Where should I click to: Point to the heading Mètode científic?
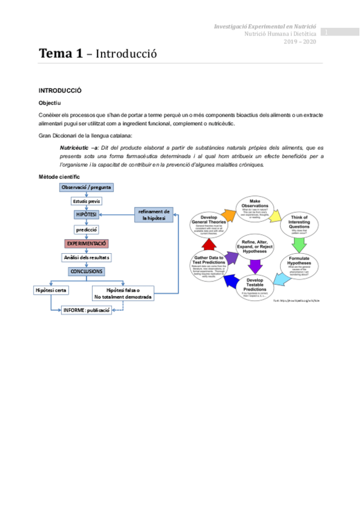[x=59, y=177]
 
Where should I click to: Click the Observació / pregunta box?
[x=86, y=188]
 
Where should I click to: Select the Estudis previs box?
[x=86, y=201]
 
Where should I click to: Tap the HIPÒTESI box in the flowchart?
[x=86, y=215]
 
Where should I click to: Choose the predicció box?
[x=86, y=229]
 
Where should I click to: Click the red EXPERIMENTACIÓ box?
[x=86, y=244]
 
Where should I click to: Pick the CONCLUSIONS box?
[x=86, y=271]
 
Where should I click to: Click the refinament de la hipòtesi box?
[x=154, y=214]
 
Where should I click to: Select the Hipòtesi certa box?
[x=51, y=290]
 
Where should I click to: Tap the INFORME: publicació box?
[x=87, y=310]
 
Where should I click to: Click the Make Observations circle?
[x=255, y=207]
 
